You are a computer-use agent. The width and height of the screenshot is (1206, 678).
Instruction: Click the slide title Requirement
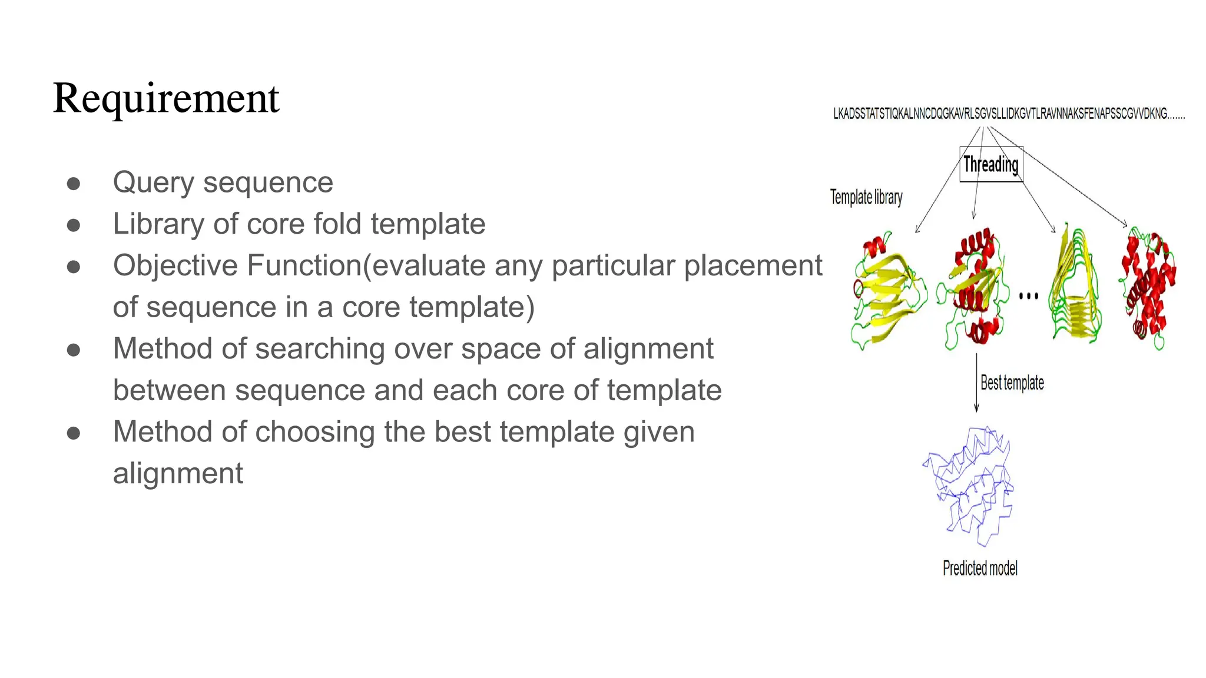coord(165,98)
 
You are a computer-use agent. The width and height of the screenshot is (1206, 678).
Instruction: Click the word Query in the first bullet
coord(153,182)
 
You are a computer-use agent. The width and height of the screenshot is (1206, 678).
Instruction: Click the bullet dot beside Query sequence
coord(74,184)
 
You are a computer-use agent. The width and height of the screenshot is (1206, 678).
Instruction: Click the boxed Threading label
coord(991,164)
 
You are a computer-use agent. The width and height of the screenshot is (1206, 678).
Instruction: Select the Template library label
coord(866,197)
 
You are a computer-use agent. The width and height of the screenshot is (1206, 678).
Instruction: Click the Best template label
coord(1012,383)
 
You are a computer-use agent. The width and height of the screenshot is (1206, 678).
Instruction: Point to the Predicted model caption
coord(980,568)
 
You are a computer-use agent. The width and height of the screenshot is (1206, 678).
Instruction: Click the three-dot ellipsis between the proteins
coord(1028,296)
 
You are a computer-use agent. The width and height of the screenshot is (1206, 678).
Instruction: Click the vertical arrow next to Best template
coord(976,383)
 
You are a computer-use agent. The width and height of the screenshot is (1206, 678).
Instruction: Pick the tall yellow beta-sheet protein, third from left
coord(1075,285)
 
